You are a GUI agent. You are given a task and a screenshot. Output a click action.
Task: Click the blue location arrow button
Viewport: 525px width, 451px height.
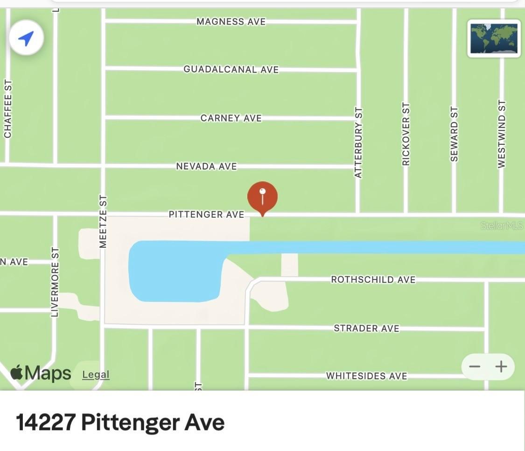[26, 38]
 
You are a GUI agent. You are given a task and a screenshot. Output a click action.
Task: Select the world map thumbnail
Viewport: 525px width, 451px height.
[494, 38]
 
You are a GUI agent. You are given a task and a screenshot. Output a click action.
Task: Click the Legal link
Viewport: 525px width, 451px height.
[96, 374]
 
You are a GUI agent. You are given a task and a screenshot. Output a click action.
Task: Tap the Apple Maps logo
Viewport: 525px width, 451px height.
[41, 373]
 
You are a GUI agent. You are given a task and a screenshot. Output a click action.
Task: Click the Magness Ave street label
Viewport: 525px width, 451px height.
[231, 21]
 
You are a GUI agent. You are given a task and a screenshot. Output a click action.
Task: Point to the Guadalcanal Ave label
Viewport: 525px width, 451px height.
[231, 69]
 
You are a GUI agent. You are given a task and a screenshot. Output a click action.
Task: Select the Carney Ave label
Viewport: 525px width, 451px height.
[231, 118]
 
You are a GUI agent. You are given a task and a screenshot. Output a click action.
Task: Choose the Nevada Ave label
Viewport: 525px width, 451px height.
[206, 166]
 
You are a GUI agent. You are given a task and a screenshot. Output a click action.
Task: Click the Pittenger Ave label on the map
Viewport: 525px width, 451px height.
[206, 215]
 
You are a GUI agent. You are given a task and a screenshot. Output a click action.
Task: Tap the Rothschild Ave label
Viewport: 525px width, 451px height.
[373, 279]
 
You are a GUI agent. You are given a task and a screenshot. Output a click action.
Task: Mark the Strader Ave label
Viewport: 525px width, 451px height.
[366, 329]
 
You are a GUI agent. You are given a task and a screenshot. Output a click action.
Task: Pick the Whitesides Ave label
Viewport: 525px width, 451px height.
[366, 376]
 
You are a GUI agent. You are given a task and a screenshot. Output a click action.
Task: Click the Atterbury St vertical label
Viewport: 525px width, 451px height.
[358, 143]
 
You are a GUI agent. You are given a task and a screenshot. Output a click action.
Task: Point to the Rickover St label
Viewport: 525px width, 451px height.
[406, 134]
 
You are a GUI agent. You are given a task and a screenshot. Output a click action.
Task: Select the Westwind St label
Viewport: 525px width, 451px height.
[502, 134]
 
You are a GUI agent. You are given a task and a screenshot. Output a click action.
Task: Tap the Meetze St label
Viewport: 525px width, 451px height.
[104, 222]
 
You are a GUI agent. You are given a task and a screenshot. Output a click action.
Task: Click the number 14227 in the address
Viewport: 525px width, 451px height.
[46, 422]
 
